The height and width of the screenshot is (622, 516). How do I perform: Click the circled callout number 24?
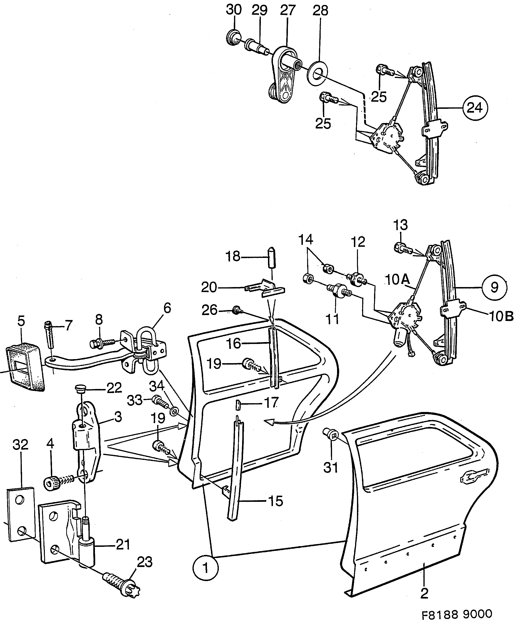coord(474,108)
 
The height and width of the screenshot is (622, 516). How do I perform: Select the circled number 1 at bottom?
coord(205,568)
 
